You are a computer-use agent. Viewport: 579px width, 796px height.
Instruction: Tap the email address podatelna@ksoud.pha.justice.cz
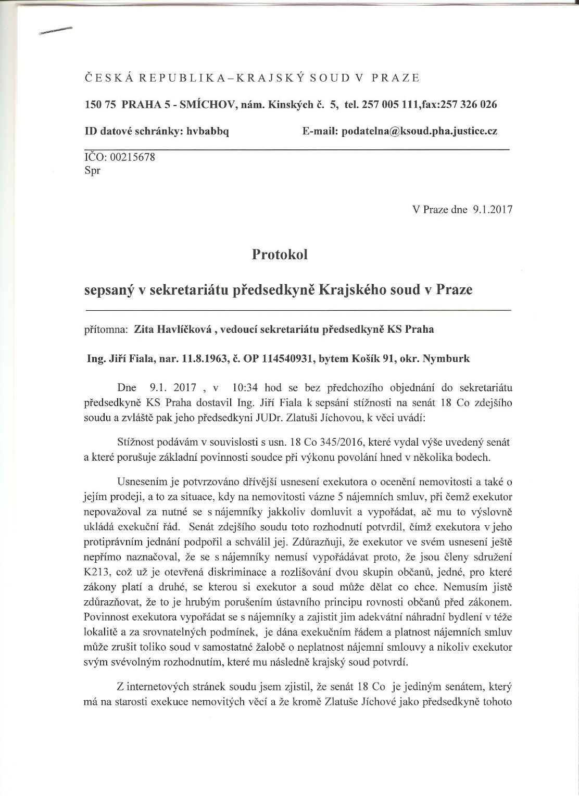419,131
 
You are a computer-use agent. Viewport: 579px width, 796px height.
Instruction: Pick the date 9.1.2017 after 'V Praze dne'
492,210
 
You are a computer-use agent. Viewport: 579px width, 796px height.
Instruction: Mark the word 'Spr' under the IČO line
92,170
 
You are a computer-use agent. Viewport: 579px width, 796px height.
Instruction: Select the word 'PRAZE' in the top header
396,78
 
